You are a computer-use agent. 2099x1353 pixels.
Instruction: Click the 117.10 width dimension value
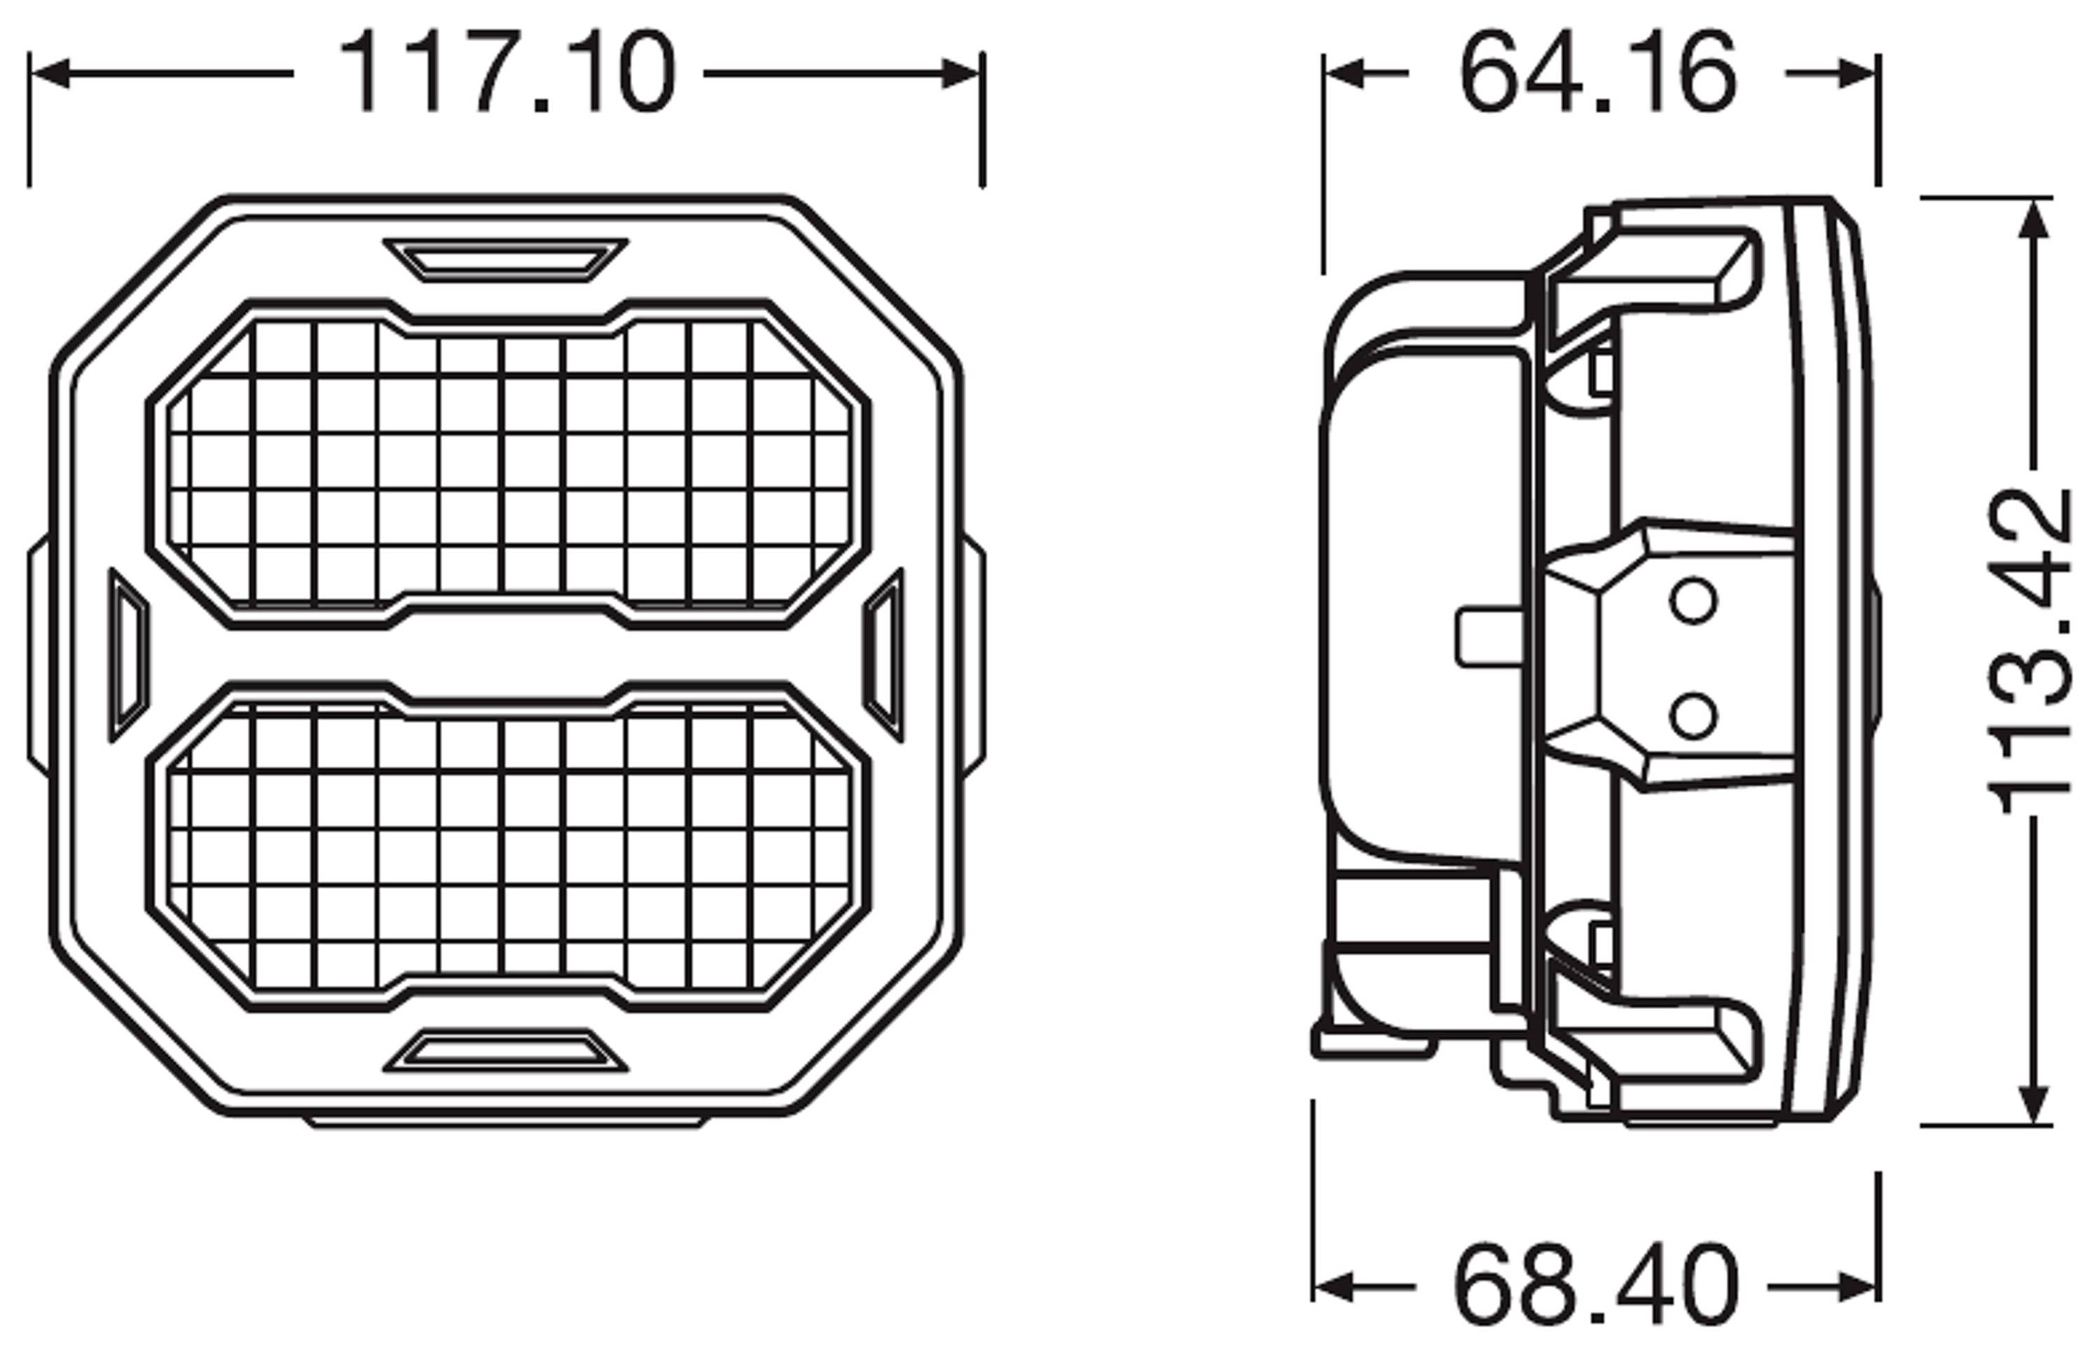[x=507, y=73]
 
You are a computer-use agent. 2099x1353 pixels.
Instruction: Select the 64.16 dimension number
[x=1598, y=73]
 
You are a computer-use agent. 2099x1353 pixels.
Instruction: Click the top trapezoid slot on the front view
[x=505, y=260]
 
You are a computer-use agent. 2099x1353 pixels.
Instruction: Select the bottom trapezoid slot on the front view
[x=505, y=1050]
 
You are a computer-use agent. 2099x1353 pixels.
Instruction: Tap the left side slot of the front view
[x=128, y=655]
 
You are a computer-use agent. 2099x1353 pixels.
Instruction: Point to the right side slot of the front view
[x=884, y=655]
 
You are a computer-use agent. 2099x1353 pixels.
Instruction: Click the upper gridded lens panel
[x=508, y=464]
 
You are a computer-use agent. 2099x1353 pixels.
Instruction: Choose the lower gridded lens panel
[x=508, y=846]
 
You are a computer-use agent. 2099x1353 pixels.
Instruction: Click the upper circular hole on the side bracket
[x=1692, y=602]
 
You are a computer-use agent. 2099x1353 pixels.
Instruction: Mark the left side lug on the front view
[x=38, y=655]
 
